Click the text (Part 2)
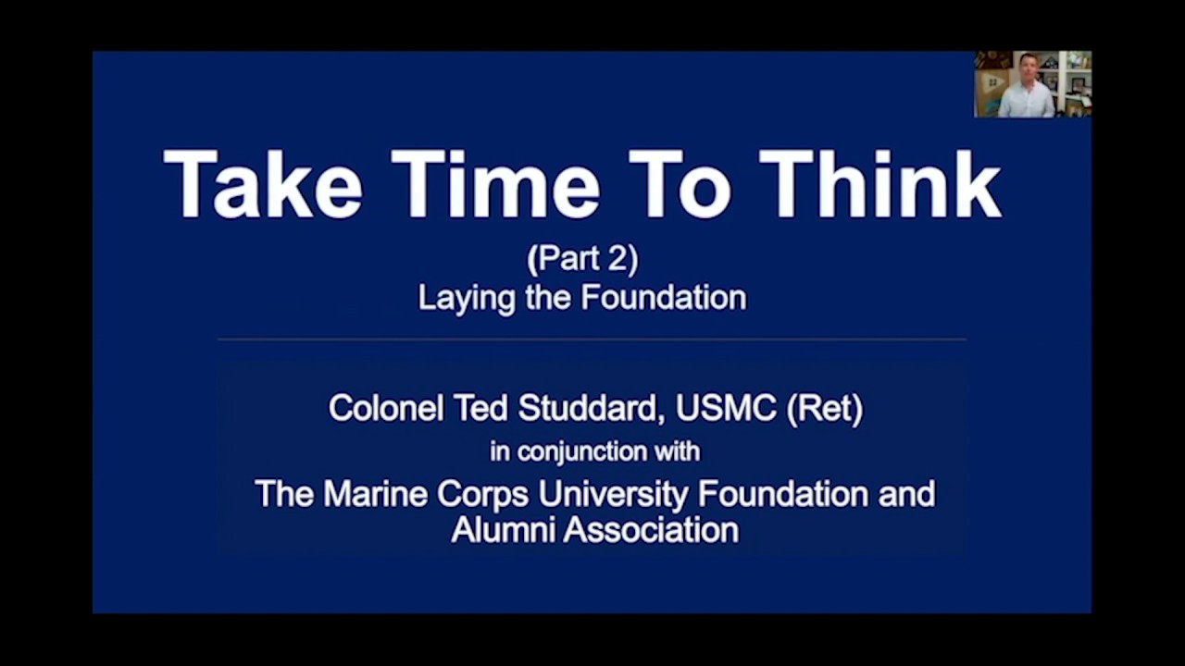point(582,259)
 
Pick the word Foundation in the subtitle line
point(664,298)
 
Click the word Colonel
point(385,408)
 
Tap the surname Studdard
point(588,408)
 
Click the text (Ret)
point(824,408)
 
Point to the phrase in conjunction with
point(594,451)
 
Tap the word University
point(614,494)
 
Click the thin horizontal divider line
point(592,339)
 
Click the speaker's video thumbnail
point(1032,84)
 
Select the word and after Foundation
point(905,493)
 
